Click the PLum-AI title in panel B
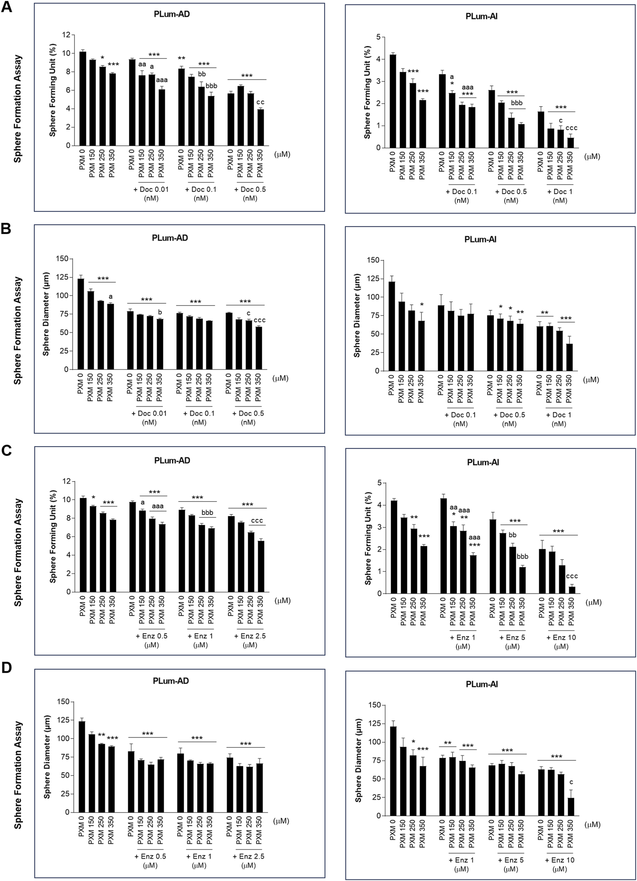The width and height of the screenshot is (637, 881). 480,239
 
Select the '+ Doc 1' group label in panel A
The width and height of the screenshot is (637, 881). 560,192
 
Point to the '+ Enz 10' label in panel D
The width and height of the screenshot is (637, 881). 561,860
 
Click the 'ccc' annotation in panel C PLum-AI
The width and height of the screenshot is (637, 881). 572,576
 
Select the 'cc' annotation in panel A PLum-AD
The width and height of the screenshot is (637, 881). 260,102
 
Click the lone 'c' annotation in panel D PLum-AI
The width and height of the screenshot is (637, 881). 571,782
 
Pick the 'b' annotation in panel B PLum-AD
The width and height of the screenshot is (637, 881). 160,312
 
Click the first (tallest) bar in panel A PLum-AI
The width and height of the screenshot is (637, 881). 393,101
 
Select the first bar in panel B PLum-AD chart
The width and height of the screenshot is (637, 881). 81,324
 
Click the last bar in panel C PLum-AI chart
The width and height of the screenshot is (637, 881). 572,590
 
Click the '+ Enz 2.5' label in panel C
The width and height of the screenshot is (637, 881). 250,636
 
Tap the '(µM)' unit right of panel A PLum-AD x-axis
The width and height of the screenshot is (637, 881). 282,154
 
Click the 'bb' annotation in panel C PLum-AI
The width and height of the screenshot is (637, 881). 513,535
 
